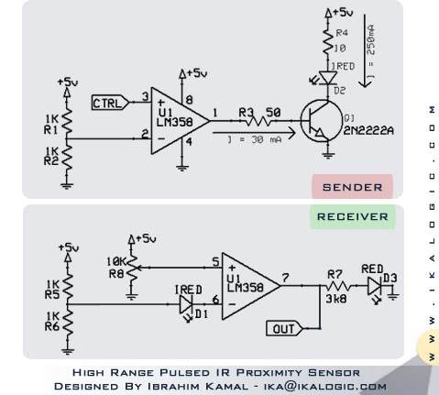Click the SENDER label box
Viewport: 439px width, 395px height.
(352, 187)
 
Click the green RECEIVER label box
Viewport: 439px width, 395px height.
(353, 217)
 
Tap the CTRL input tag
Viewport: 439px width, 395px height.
(112, 103)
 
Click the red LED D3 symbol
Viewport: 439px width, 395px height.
(373, 287)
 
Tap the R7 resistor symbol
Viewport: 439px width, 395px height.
(334, 286)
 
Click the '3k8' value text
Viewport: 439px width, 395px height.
(335, 300)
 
